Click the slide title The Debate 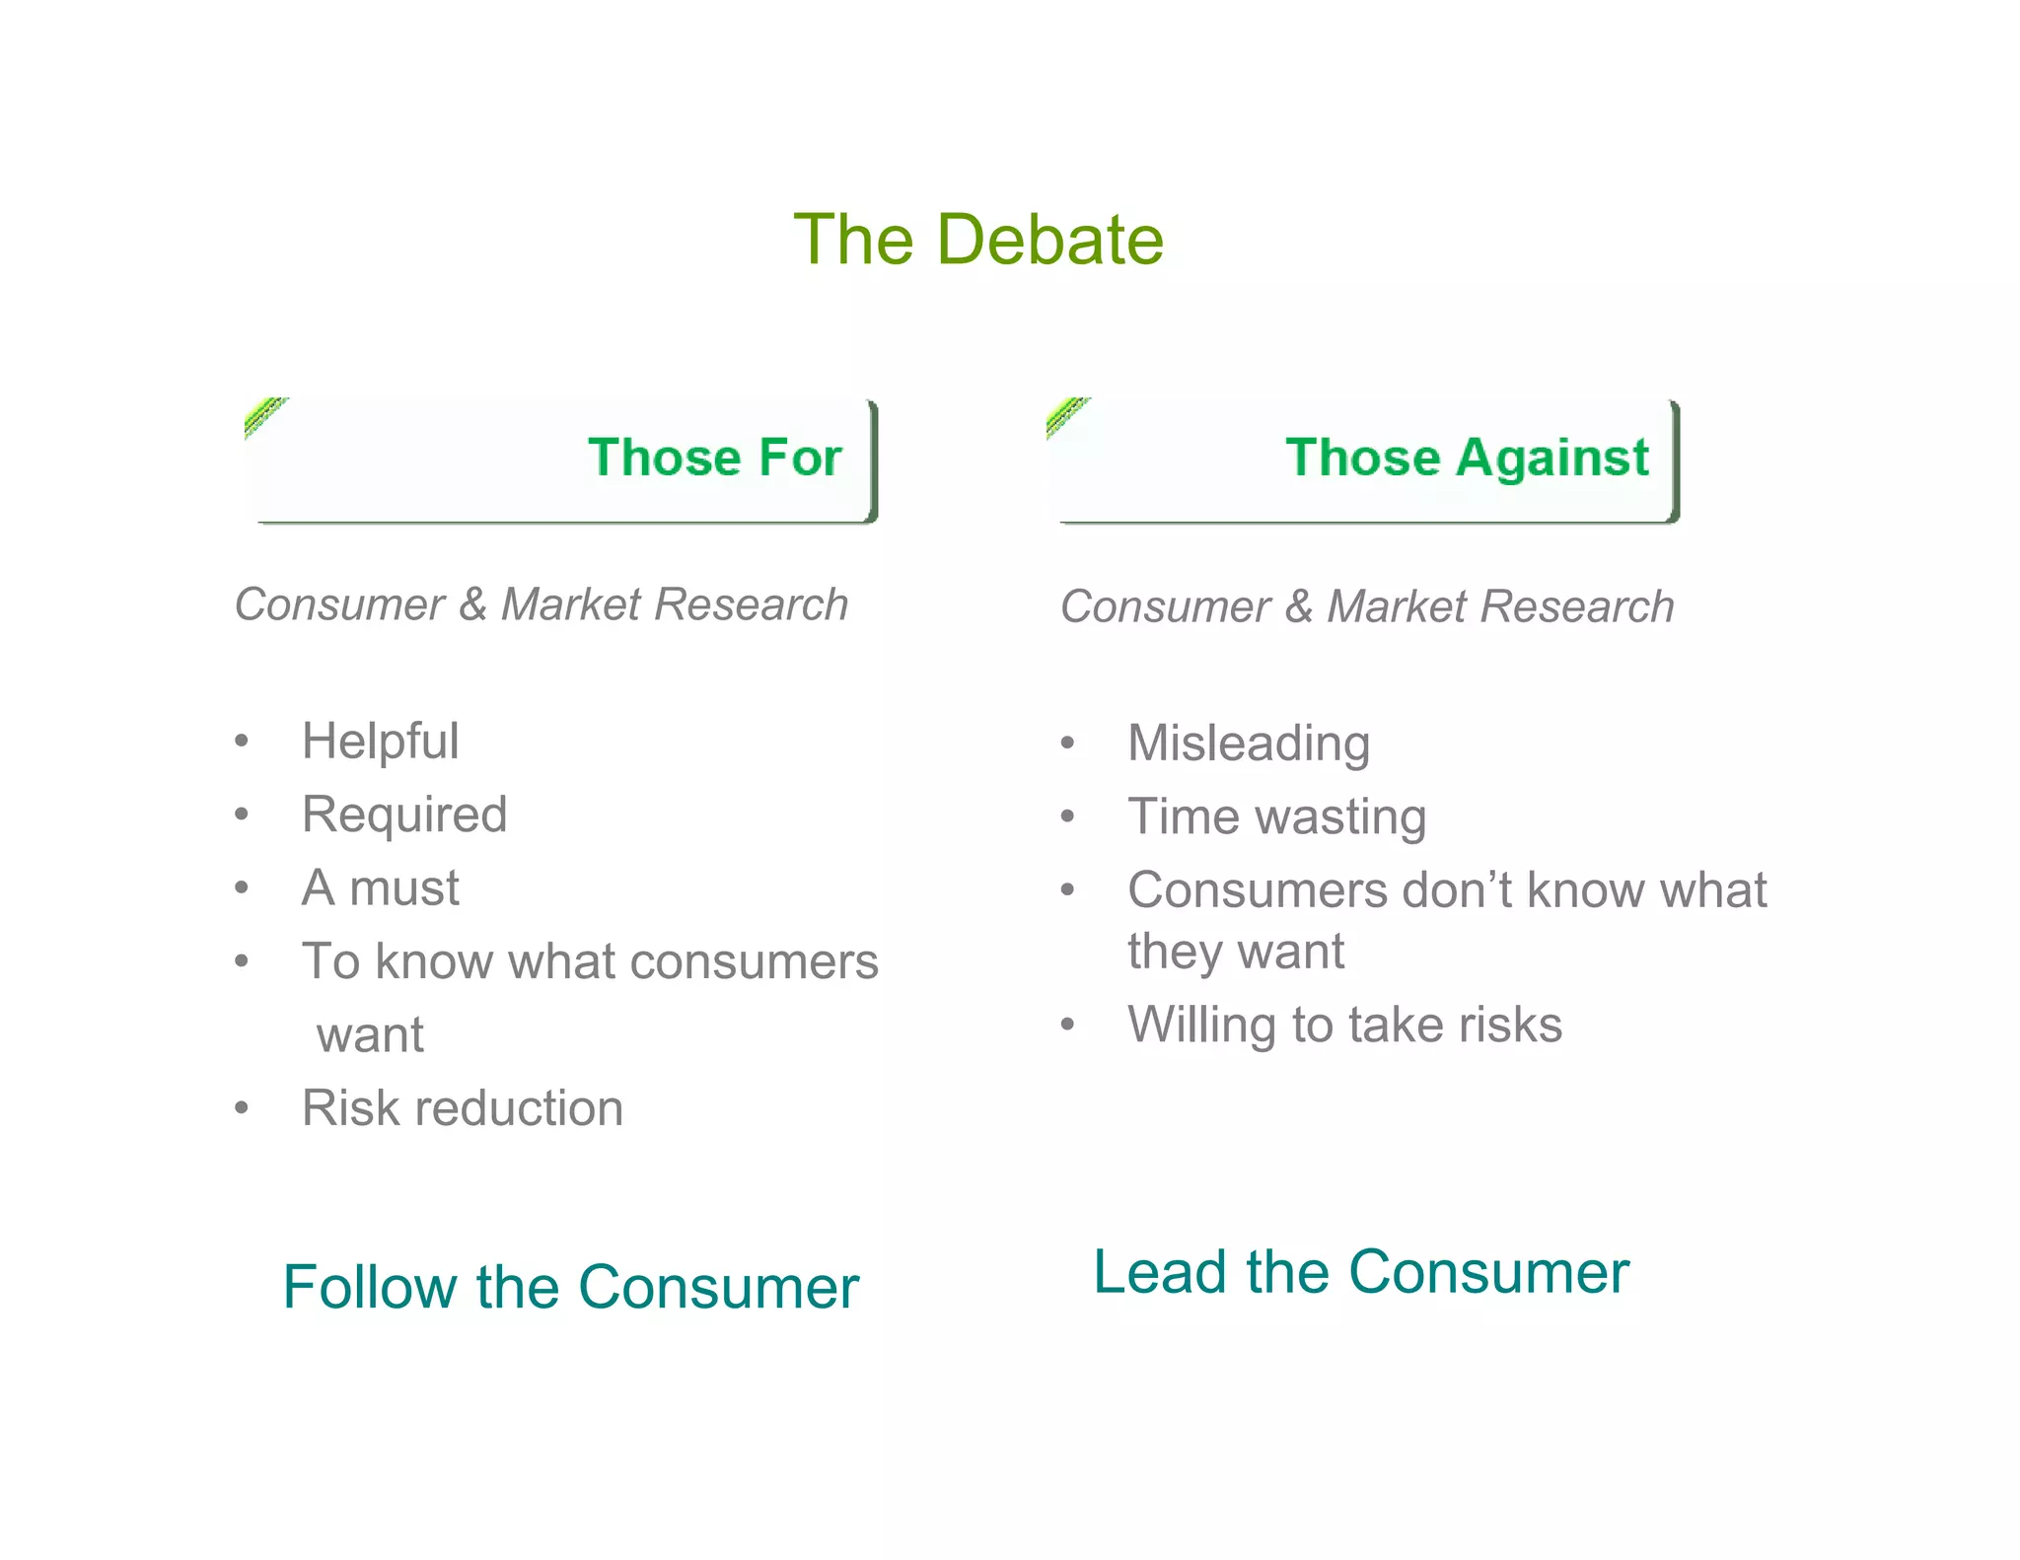pos(977,240)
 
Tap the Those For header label pos(714,458)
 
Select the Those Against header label pos(1466,458)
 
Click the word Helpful pos(380,742)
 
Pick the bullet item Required pos(404,815)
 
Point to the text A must pos(380,887)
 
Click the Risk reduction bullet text pos(462,1108)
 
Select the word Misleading pos(1248,744)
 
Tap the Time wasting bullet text pos(1276,816)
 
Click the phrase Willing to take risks pos(1344,1025)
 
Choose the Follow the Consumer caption pos(570,1288)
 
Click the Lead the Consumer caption pos(1360,1272)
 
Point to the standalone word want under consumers pos(370,1035)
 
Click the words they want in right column pos(1235,952)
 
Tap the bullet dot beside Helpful pos(242,742)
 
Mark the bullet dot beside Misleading pos(1067,744)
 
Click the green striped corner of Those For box pos(263,415)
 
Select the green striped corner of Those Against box pos(1066,415)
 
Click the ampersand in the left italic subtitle pos(472,604)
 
